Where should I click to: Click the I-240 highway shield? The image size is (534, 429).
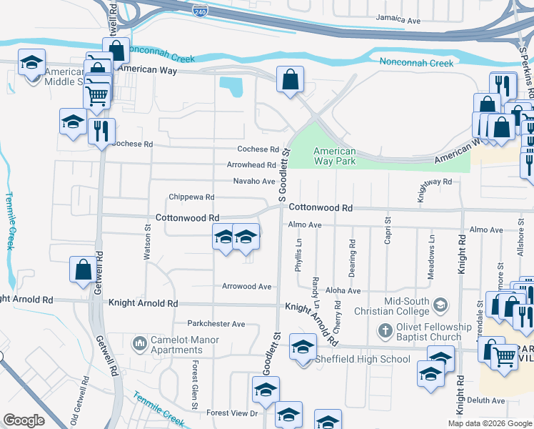click(x=201, y=11)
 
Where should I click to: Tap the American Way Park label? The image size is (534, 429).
click(x=335, y=156)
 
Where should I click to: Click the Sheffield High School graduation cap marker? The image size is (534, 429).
click(x=303, y=349)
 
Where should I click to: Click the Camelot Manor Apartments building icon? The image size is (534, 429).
click(x=139, y=345)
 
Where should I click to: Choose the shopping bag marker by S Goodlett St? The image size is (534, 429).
click(x=291, y=81)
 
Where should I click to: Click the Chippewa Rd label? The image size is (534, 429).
click(x=191, y=197)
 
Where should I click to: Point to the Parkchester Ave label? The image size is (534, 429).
click(x=216, y=324)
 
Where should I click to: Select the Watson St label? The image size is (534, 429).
click(x=148, y=242)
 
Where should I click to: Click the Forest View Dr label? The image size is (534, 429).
click(x=231, y=413)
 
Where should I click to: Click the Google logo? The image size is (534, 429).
click(x=24, y=420)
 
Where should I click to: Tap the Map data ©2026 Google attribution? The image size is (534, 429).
click(x=489, y=423)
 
